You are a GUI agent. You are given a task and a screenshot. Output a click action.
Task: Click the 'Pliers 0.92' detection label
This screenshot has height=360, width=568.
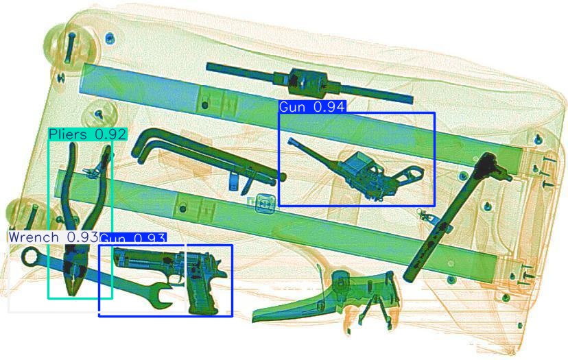(88, 134)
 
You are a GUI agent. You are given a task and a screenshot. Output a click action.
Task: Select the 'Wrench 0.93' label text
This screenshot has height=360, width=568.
(54, 237)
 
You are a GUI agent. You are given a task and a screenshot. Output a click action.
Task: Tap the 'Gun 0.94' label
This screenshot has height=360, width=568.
(312, 106)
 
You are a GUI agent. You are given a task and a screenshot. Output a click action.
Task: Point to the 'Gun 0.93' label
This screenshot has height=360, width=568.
(132, 239)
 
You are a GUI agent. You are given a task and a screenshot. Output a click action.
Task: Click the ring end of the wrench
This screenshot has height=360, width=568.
(29, 257)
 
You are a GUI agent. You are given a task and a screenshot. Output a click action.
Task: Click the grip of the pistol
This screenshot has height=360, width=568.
(203, 295)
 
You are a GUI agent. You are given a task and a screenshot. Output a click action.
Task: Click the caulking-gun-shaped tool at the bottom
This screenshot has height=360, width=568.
(326, 298)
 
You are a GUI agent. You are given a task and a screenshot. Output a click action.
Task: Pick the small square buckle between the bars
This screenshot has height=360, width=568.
(266, 203)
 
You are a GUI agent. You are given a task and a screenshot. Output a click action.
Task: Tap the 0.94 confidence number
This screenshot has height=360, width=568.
(328, 106)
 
